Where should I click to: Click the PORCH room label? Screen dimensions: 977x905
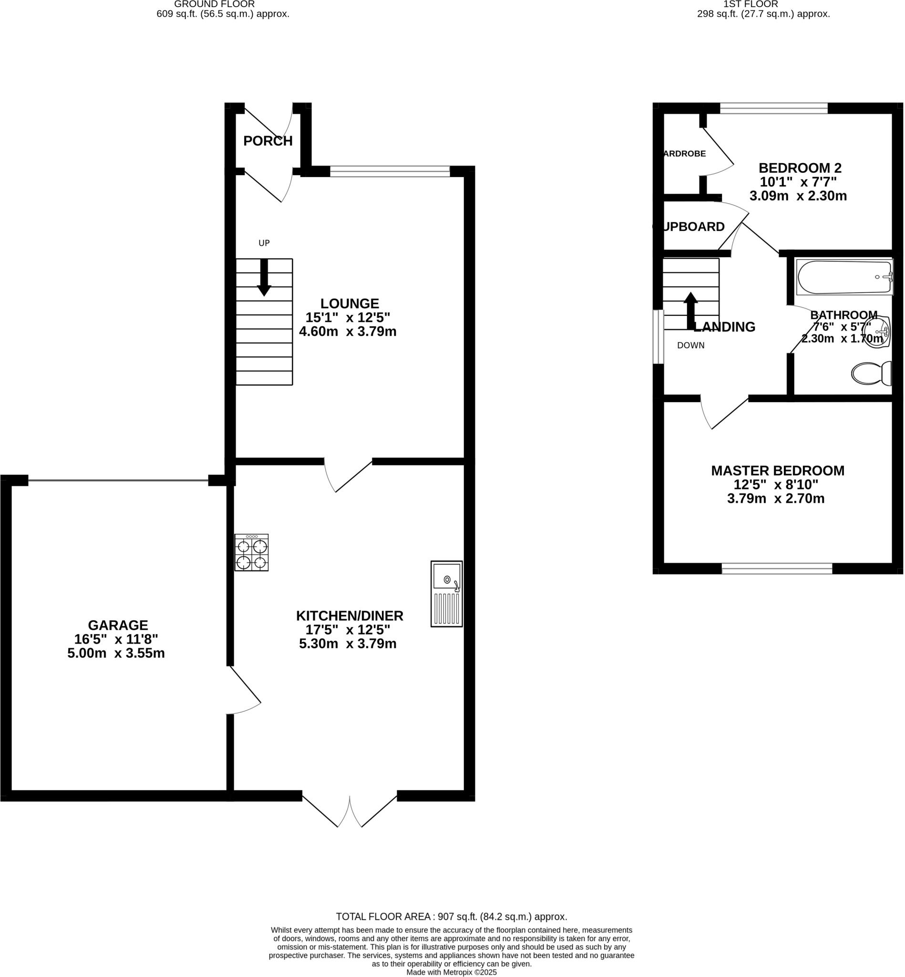pyautogui.click(x=268, y=141)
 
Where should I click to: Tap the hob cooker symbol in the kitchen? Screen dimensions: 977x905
pyautogui.click(x=251, y=552)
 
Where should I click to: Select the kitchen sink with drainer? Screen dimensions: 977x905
pyautogui.click(x=446, y=593)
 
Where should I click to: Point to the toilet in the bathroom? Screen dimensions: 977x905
pyautogui.click(x=871, y=374)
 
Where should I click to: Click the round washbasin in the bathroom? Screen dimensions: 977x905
pyautogui.click(x=875, y=332)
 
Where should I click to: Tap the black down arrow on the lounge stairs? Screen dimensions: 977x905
pyautogui.click(x=264, y=277)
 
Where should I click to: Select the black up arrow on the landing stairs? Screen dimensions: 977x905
pyautogui.click(x=690, y=310)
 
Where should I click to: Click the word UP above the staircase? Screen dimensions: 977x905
pyautogui.click(x=264, y=243)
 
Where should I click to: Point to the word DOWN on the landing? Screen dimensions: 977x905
pyautogui.click(x=690, y=345)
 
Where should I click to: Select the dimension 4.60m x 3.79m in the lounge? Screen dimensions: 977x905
pyautogui.click(x=348, y=332)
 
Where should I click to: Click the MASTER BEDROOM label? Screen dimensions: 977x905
pyautogui.click(x=778, y=471)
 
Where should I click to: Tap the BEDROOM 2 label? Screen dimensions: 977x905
pyautogui.click(x=800, y=168)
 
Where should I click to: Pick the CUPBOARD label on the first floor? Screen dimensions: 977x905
pyautogui.click(x=689, y=227)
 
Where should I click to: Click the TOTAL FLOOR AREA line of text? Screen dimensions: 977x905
pyautogui.click(x=451, y=917)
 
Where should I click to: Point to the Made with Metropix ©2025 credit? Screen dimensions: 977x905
pyautogui.click(x=451, y=972)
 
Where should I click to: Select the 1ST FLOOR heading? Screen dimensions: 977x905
pyautogui.click(x=750, y=4)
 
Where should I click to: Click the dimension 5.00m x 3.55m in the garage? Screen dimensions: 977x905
pyautogui.click(x=116, y=653)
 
